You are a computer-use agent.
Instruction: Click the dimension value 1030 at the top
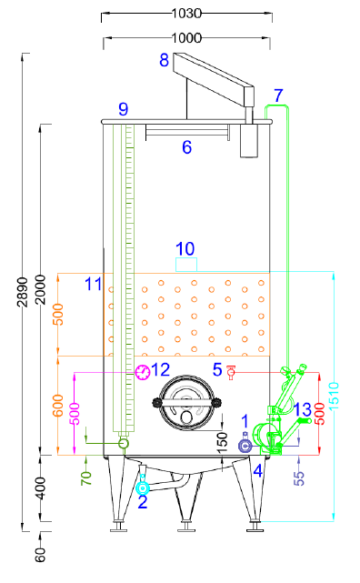pyautogui.click(x=186, y=14)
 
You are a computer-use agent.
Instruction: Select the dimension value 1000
pyautogui.click(x=186, y=37)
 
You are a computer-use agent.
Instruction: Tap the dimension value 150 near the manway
pyautogui.click(x=223, y=440)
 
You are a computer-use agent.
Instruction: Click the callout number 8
pyautogui.click(x=165, y=61)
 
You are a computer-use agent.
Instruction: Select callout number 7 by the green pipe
pyautogui.click(x=278, y=95)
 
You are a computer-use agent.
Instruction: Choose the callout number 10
pyautogui.click(x=185, y=248)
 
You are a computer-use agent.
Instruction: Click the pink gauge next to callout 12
pyautogui.click(x=142, y=371)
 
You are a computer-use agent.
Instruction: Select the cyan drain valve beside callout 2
pyautogui.click(x=142, y=488)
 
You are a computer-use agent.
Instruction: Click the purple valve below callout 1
pyautogui.click(x=244, y=445)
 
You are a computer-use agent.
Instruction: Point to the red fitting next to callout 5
pyautogui.click(x=231, y=371)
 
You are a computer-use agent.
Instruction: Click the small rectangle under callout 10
pyautogui.click(x=185, y=264)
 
